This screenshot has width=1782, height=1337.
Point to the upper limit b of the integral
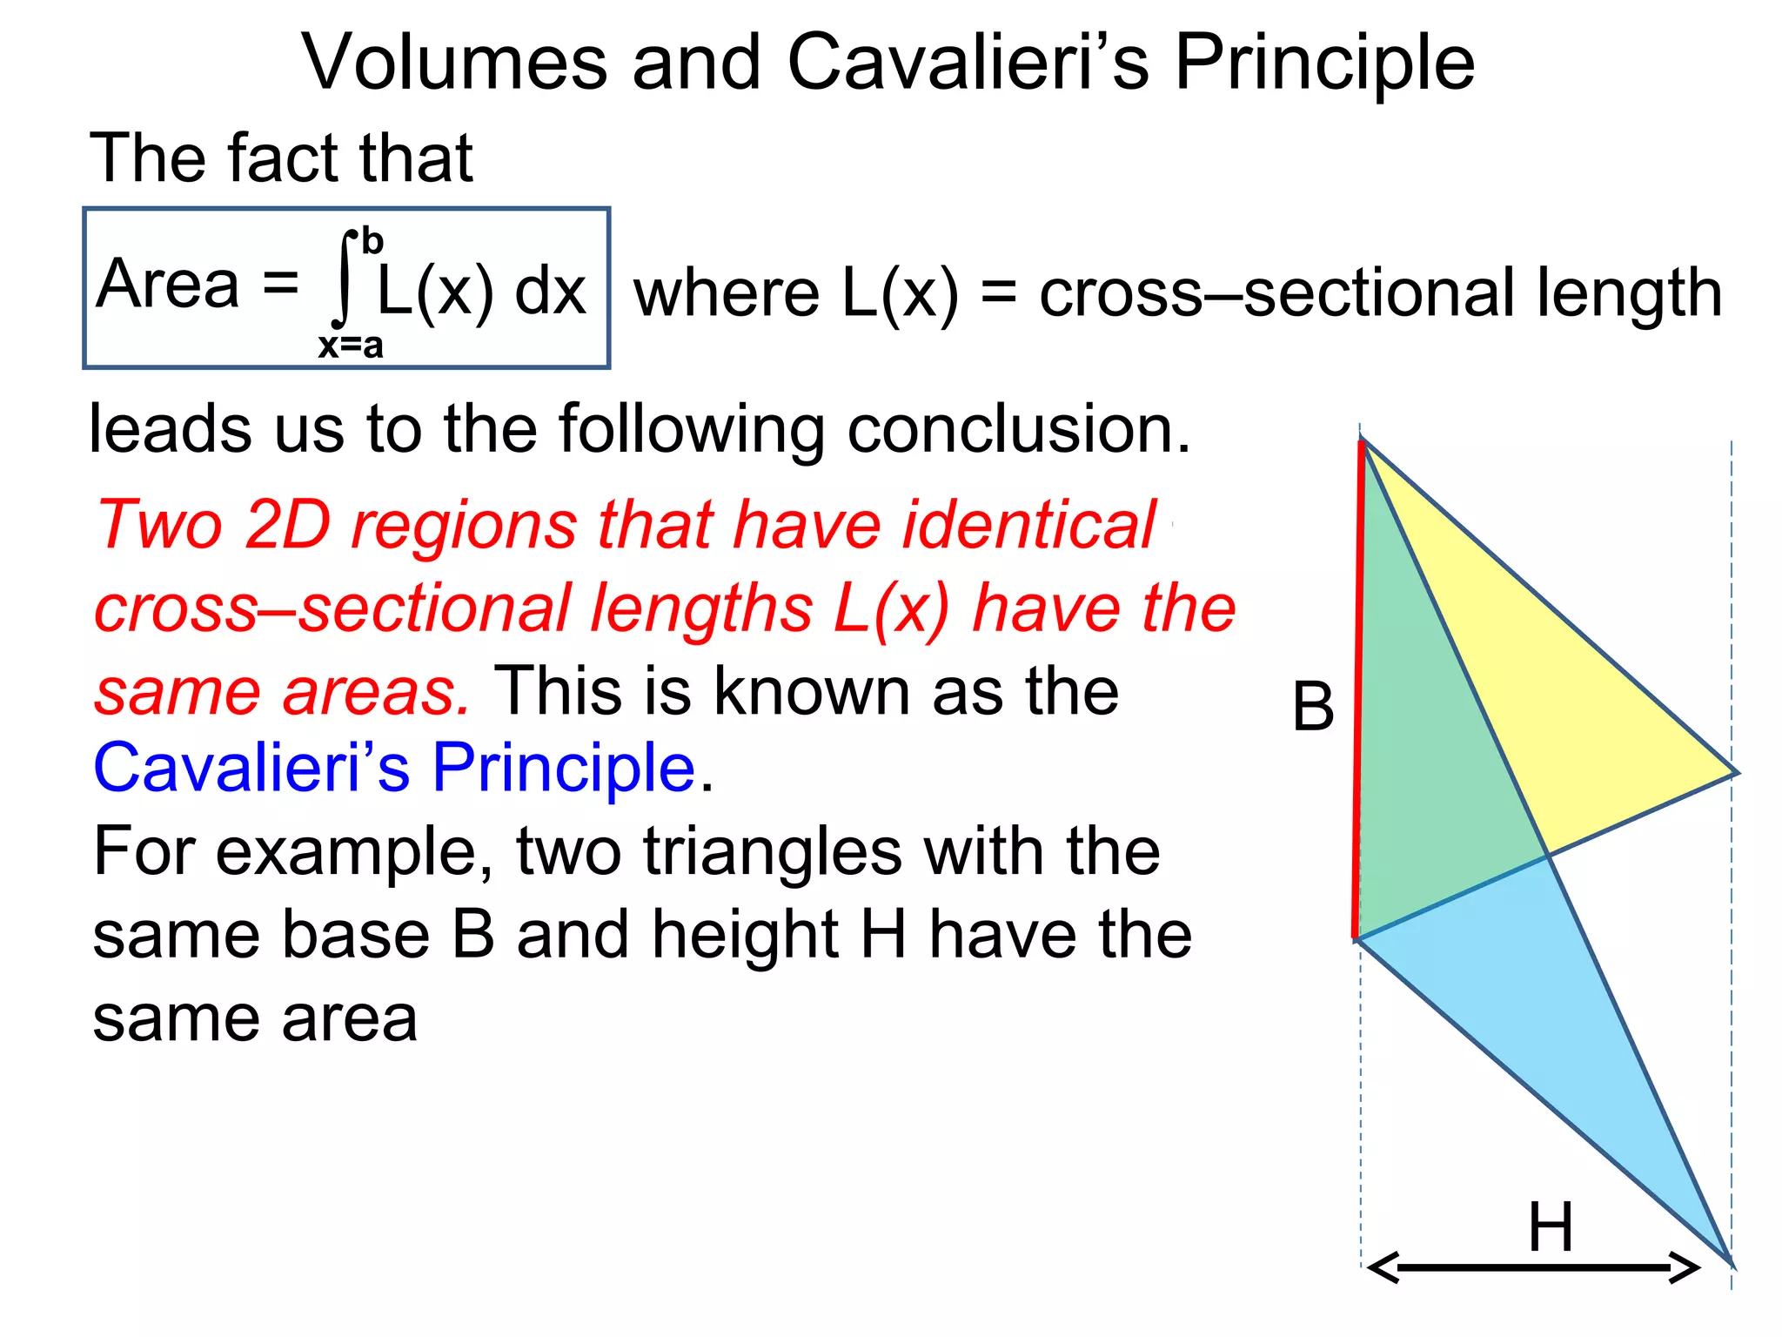click(372, 240)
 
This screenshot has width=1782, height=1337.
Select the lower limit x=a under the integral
click(351, 346)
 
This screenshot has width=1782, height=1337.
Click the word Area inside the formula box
click(168, 284)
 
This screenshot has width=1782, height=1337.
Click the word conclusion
click(1018, 429)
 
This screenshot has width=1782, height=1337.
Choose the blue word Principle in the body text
click(564, 768)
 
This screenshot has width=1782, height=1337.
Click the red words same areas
click(282, 692)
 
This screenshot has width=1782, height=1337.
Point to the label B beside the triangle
click(1313, 707)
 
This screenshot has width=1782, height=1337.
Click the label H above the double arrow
click(1551, 1227)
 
